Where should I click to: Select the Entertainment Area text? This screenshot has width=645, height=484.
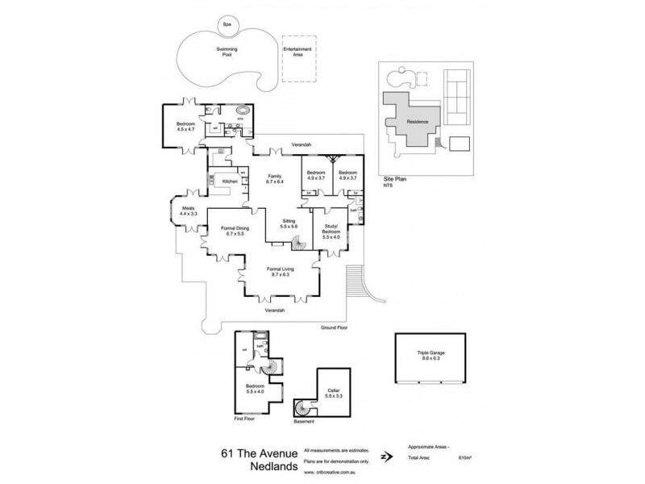(x=296, y=52)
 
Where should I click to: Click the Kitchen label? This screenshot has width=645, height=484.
(x=230, y=182)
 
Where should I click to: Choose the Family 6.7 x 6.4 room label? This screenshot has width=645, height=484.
(x=277, y=180)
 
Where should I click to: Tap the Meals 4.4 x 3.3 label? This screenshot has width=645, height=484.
(x=189, y=214)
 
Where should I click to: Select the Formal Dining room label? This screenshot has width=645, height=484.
(x=231, y=232)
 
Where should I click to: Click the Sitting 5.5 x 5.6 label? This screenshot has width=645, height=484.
(x=288, y=223)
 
